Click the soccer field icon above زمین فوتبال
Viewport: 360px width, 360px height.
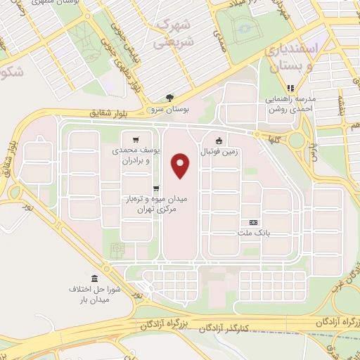pos(219,139)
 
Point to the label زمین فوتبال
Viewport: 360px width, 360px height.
pos(220,151)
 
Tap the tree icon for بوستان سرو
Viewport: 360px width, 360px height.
pos(169,98)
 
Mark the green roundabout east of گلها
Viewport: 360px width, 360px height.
pos(297,139)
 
